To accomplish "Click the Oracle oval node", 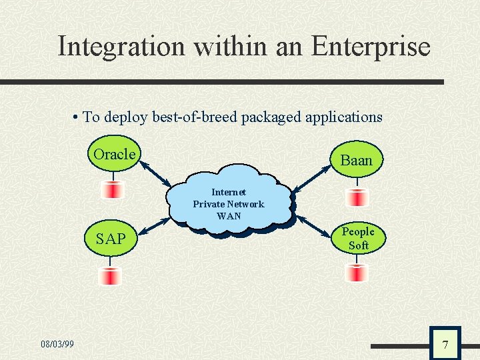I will (115, 155).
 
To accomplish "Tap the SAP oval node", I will (111, 239).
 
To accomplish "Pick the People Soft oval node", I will (358, 239).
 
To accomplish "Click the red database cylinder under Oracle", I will (113, 190).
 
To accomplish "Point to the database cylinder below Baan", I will (358, 197).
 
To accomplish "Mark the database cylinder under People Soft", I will (358, 272).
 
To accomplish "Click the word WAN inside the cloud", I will (229, 216).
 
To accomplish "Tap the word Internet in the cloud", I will (229, 192).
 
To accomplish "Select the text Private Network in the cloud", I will (229, 204).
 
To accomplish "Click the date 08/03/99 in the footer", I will (57, 344).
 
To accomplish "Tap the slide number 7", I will (445, 345).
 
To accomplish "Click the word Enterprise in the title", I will (371, 47).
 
